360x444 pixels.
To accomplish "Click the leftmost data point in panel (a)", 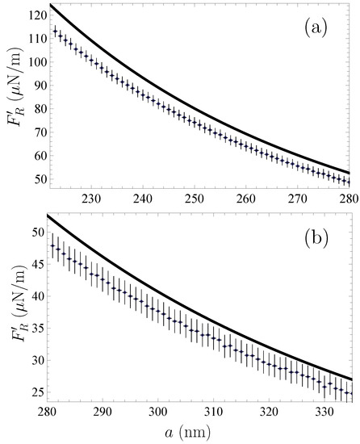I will click(x=55, y=31).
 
